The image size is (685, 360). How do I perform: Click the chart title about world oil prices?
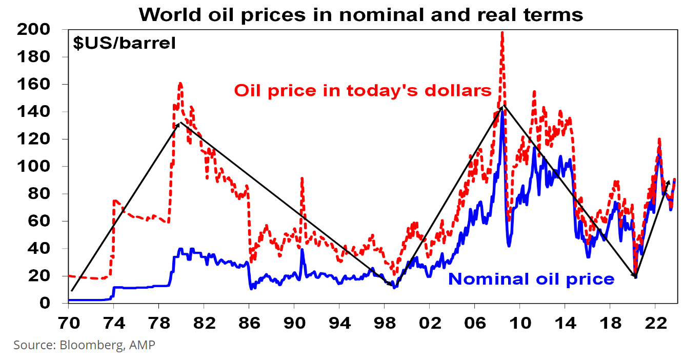pyautogui.click(x=361, y=14)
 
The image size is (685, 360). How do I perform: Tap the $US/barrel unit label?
pyautogui.click(x=125, y=43)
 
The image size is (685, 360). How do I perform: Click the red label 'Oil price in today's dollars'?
pyautogui.click(x=363, y=91)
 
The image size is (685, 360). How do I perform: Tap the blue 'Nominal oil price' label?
pyautogui.click(x=531, y=279)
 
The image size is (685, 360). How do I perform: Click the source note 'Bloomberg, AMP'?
pyautogui.click(x=84, y=345)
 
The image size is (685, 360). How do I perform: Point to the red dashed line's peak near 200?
pyautogui.click(x=502, y=33)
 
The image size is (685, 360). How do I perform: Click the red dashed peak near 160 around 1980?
pyautogui.click(x=180, y=83)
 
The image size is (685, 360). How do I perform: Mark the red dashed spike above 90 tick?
pyautogui.click(x=302, y=178)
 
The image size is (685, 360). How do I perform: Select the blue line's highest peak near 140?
pyautogui.click(x=501, y=110)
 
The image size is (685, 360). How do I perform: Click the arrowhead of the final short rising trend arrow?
pyautogui.click(x=669, y=181)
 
